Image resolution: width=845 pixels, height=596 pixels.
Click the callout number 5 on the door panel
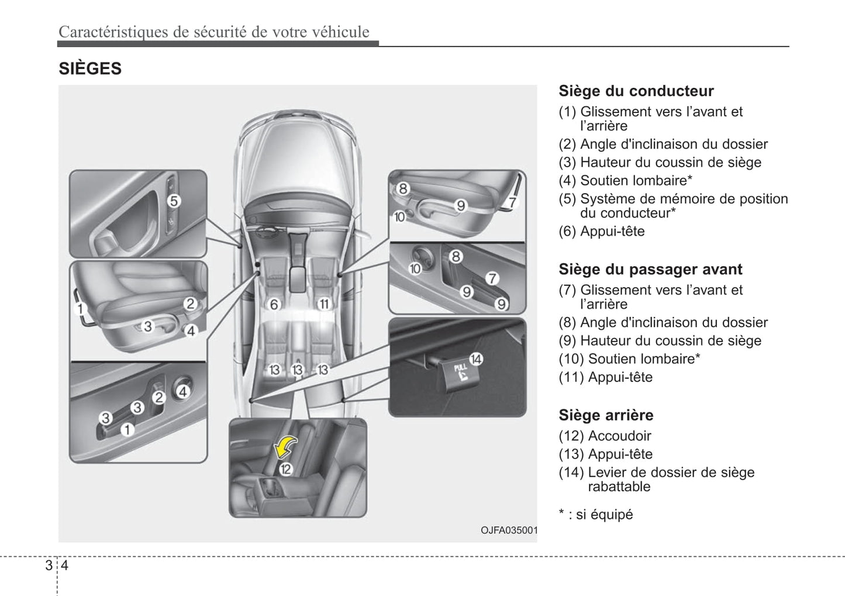[x=174, y=201]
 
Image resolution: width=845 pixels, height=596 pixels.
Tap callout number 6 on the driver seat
[x=274, y=304]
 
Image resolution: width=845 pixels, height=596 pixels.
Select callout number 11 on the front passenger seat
[x=323, y=304]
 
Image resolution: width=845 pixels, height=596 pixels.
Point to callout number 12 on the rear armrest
[x=285, y=468]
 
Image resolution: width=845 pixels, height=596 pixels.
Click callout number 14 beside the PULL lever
[x=476, y=359]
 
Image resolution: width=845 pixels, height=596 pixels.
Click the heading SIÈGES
[x=90, y=68]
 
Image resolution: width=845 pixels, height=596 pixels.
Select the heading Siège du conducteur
[x=636, y=91]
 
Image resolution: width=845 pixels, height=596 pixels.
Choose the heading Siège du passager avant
[x=650, y=270]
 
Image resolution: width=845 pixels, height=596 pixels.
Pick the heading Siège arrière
[x=606, y=415]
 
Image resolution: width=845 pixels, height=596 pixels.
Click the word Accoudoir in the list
[x=619, y=436]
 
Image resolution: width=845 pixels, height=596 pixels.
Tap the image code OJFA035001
[x=508, y=530]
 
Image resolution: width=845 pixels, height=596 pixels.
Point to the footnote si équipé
[x=603, y=515]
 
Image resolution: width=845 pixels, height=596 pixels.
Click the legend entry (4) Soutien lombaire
[x=625, y=181]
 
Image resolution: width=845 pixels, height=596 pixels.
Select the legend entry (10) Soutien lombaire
[x=629, y=359]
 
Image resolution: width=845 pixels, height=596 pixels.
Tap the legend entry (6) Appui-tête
[x=602, y=232]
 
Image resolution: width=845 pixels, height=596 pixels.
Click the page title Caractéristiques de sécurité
[x=213, y=32]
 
